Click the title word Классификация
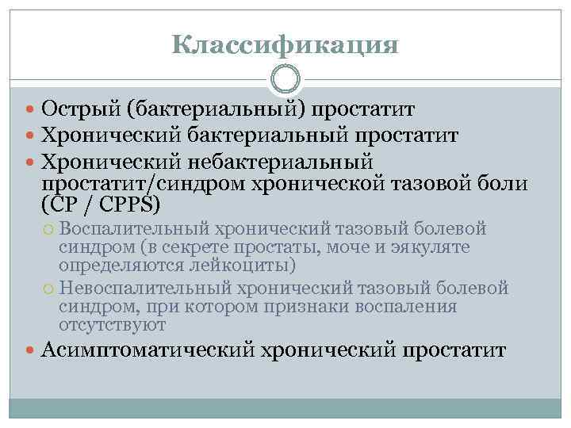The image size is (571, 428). (x=285, y=43)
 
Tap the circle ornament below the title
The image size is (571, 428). (x=285, y=79)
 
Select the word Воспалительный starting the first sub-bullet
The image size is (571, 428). (x=132, y=230)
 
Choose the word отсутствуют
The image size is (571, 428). (x=112, y=324)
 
